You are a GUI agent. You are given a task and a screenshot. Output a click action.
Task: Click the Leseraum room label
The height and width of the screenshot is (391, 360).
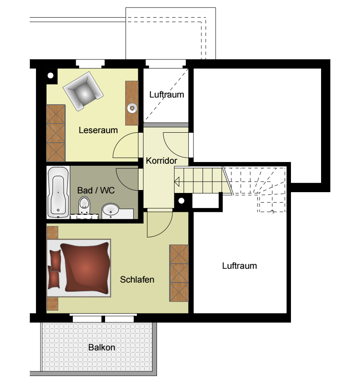(x=98, y=130)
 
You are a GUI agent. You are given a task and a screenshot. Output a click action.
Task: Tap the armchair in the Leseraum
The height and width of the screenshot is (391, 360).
(x=83, y=91)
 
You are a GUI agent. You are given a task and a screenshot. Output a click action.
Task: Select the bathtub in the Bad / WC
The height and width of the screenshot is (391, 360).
(x=58, y=192)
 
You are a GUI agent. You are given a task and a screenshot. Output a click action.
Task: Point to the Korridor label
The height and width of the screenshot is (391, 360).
(x=161, y=161)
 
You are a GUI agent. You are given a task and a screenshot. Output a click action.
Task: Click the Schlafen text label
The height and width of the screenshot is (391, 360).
(x=137, y=280)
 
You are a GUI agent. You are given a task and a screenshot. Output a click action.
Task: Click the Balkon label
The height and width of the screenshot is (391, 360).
(x=102, y=347)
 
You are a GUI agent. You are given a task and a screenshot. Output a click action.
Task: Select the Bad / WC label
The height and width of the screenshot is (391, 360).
(x=96, y=190)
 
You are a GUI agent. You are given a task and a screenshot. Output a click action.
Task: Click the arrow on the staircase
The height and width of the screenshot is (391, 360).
(x=177, y=182)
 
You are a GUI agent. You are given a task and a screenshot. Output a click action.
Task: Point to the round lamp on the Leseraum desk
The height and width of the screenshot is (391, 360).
(x=132, y=108)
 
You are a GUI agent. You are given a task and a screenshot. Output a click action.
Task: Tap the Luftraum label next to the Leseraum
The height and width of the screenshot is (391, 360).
(x=167, y=95)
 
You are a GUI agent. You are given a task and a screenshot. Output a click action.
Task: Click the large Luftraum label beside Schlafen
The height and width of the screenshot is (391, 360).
(x=239, y=265)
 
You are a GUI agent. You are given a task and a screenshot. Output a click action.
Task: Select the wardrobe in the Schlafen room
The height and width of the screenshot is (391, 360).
(x=179, y=273)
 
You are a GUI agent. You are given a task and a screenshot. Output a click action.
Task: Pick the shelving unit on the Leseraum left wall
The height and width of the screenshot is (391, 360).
(x=56, y=133)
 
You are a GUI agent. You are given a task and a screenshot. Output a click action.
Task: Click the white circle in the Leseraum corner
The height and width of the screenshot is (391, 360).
(x=51, y=75)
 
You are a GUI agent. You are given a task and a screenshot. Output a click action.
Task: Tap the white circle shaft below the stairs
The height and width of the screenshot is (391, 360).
(x=182, y=201)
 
